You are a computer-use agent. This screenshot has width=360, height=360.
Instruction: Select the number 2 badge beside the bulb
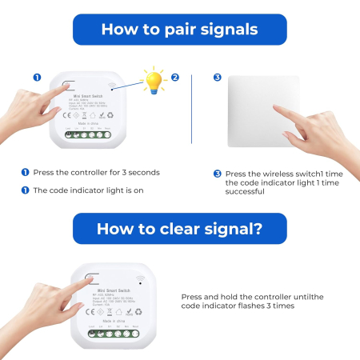(x=175, y=78)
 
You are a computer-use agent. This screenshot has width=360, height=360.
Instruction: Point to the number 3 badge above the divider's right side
(x=217, y=78)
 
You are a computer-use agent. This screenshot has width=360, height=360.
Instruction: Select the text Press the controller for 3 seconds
(x=95, y=172)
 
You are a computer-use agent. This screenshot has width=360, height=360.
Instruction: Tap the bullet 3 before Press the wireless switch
(x=217, y=173)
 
